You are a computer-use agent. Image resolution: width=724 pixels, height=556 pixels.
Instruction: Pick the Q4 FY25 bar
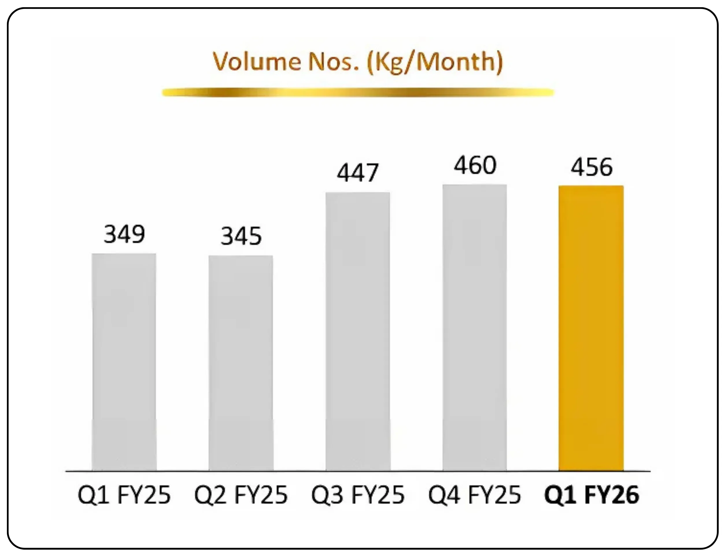tap(475, 327)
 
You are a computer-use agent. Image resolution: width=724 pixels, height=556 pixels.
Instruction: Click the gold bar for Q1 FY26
tap(591, 328)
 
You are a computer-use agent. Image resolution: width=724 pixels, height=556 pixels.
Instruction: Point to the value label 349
tap(124, 234)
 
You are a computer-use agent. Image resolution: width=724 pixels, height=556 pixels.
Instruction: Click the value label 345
tap(241, 236)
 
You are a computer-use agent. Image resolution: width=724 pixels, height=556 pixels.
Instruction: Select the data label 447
tap(358, 173)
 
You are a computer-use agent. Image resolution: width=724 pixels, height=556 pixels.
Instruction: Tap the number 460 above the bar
tap(475, 166)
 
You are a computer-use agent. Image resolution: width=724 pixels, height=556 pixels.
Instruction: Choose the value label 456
tap(592, 167)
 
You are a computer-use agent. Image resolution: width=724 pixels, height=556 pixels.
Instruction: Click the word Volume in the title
tap(256, 62)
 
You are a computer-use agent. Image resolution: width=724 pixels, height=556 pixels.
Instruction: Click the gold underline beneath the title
tap(358, 92)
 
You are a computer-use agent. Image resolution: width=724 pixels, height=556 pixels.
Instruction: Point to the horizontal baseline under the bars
tap(358, 471)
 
